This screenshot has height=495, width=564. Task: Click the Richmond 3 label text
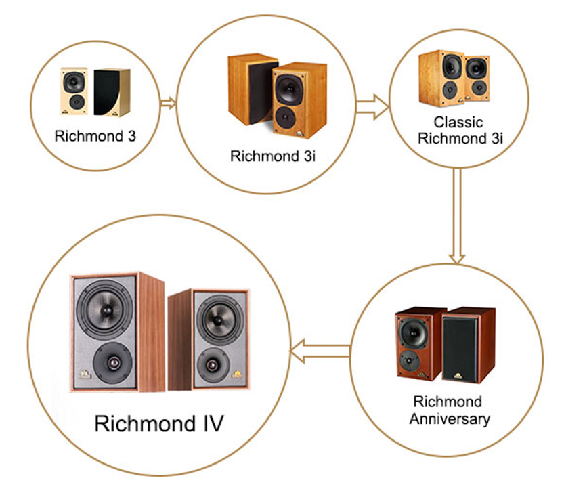[95, 136]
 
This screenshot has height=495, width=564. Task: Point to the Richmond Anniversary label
[450, 410]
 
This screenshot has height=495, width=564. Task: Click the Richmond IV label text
[159, 425]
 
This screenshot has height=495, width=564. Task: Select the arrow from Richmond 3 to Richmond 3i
[168, 104]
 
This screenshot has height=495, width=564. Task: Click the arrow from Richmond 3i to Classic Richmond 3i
[372, 106]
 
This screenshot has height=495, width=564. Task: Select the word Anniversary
[450, 418]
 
